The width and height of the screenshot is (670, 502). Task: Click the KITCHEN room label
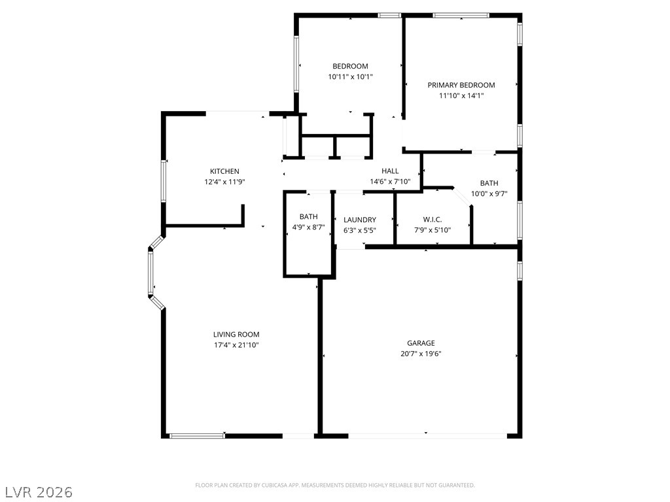224,171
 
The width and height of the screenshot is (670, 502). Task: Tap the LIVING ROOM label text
236,334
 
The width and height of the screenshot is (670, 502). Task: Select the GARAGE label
421,343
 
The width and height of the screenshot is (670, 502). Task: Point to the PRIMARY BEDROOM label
461,85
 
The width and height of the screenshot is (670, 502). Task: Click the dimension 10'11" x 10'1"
350,76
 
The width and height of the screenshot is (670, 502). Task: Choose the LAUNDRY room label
360,220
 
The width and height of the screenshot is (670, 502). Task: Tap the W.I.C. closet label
432,220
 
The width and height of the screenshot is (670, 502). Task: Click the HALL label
390,171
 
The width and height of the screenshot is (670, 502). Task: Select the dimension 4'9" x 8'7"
309,227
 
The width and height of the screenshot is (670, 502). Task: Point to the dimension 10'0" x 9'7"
489,193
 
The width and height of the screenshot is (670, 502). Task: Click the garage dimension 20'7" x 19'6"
421,354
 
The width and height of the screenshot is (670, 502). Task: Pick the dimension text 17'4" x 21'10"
236,344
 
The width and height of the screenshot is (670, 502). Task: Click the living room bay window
150,271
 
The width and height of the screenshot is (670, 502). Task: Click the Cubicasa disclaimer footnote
335,485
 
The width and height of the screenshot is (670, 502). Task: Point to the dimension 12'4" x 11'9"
224,182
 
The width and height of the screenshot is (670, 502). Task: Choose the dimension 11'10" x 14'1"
461,95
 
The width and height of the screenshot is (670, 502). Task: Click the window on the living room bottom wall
197,435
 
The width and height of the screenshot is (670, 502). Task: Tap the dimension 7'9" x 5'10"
432,230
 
